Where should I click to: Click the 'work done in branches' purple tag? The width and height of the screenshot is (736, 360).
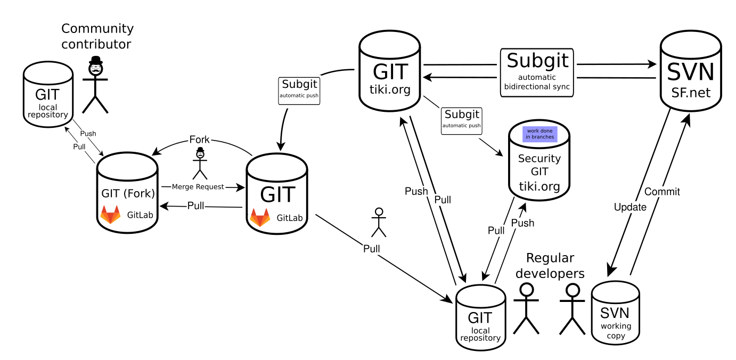pyautogui.click(x=540, y=134)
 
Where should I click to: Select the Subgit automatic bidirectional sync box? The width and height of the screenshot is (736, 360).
pyautogui.click(x=537, y=72)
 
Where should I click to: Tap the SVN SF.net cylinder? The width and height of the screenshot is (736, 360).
pyautogui.click(x=691, y=71)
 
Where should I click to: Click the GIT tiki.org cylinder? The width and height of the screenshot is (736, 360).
pyautogui.click(x=390, y=71)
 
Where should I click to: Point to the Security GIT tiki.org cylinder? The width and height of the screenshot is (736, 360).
pyautogui.click(x=539, y=160)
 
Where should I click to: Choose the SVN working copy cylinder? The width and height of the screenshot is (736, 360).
pyautogui.click(x=616, y=313)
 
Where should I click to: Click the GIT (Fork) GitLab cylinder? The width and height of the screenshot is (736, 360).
pyautogui.click(x=127, y=193)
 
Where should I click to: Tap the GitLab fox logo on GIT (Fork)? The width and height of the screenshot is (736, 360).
pyautogui.click(x=110, y=215)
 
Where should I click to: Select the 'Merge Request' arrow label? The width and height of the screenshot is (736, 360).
pyautogui.click(x=198, y=187)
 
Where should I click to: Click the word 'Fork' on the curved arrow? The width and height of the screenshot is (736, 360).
pyautogui.click(x=199, y=140)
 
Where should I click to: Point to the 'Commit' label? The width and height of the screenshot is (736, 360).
pyautogui.click(x=662, y=192)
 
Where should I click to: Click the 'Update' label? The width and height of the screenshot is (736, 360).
pyautogui.click(x=630, y=207)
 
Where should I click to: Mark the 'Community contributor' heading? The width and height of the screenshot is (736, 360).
pyautogui.click(x=97, y=36)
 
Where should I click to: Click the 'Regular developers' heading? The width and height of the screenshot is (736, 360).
pyautogui.click(x=550, y=265)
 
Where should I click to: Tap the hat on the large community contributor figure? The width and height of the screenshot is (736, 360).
pyautogui.click(x=96, y=60)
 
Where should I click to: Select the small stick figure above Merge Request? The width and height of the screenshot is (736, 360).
pyautogui.click(x=200, y=163)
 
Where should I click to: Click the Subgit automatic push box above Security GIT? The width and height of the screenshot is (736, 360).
pyautogui.click(x=461, y=121)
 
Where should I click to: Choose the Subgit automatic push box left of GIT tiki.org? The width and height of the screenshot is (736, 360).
pyautogui.click(x=299, y=91)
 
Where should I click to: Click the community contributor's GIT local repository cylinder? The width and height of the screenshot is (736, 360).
pyautogui.click(x=48, y=94)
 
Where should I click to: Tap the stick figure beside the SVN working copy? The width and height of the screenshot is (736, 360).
pyautogui.click(x=573, y=309)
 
